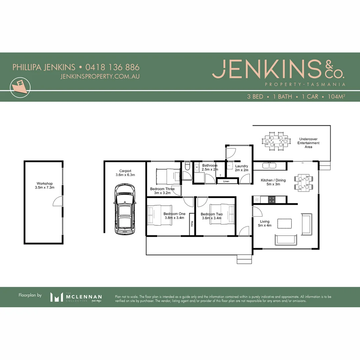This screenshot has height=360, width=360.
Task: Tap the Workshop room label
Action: (x=44, y=186)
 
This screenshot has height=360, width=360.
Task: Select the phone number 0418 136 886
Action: (x=112, y=67)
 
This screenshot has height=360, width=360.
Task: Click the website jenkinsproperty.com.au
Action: (x=100, y=76)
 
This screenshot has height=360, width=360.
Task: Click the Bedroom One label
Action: (x=174, y=216)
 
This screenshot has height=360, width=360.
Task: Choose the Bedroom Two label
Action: (x=212, y=216)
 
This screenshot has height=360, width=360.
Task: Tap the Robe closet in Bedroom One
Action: (x=192, y=224)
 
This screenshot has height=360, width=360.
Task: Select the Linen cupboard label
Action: (x=226, y=181)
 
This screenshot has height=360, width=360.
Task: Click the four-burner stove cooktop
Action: (x=272, y=200)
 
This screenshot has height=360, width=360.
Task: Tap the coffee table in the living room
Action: (x=284, y=223)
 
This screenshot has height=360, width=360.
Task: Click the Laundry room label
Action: (x=241, y=168)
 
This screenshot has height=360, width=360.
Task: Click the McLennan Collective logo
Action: (x=76, y=297)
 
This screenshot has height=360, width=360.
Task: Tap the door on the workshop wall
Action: (x=58, y=201)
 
